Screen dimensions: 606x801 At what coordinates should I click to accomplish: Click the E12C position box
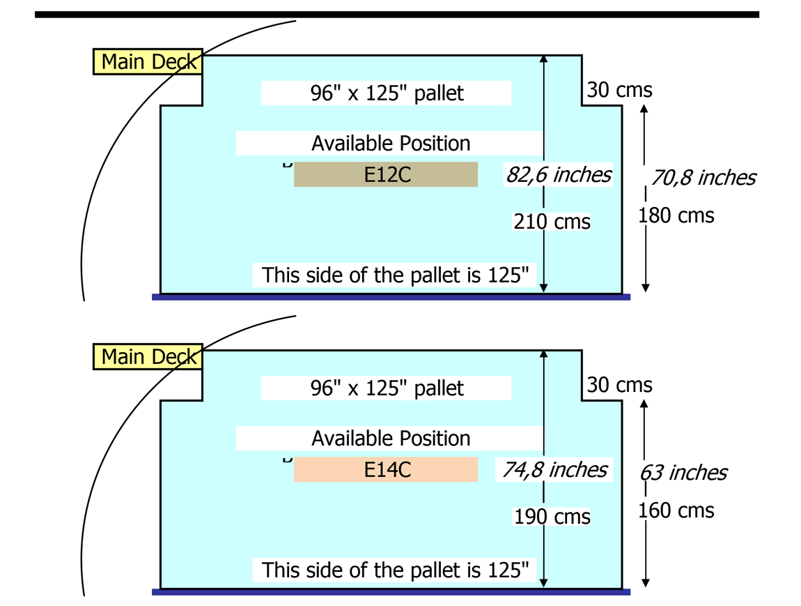pos(386,174)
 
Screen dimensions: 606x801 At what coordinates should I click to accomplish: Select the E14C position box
pos(386,469)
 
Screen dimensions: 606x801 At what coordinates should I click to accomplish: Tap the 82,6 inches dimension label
pos(559,174)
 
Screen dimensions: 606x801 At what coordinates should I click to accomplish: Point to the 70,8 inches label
pos(703,178)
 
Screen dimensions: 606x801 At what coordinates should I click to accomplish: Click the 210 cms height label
pos(552,222)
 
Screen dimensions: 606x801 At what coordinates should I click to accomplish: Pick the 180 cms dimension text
pos(676,215)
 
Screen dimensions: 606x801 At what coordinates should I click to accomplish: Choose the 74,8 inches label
pos(554,469)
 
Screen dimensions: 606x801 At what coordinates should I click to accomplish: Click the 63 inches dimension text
pos(683,473)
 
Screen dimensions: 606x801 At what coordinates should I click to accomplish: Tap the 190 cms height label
pos(552,517)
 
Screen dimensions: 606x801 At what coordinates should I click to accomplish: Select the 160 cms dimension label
pos(676,510)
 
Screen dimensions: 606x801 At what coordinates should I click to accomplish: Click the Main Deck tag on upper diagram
pos(148,61)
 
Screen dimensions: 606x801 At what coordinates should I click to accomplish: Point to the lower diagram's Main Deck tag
pos(148,356)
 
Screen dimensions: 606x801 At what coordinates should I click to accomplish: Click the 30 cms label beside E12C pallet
pos(619,90)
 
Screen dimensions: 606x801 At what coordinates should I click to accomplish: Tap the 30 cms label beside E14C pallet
pos(619,385)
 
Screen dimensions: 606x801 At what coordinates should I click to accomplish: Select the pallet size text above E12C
pos(387,93)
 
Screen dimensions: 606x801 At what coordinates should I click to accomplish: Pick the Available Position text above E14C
pos(390,438)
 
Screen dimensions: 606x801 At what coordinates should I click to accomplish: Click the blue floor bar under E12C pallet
pos(391,297)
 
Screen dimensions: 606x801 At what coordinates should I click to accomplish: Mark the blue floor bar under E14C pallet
pos(391,592)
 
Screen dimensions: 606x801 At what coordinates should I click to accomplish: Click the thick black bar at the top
pos(396,14)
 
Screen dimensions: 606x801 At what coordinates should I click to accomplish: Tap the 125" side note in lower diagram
pos(395,570)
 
